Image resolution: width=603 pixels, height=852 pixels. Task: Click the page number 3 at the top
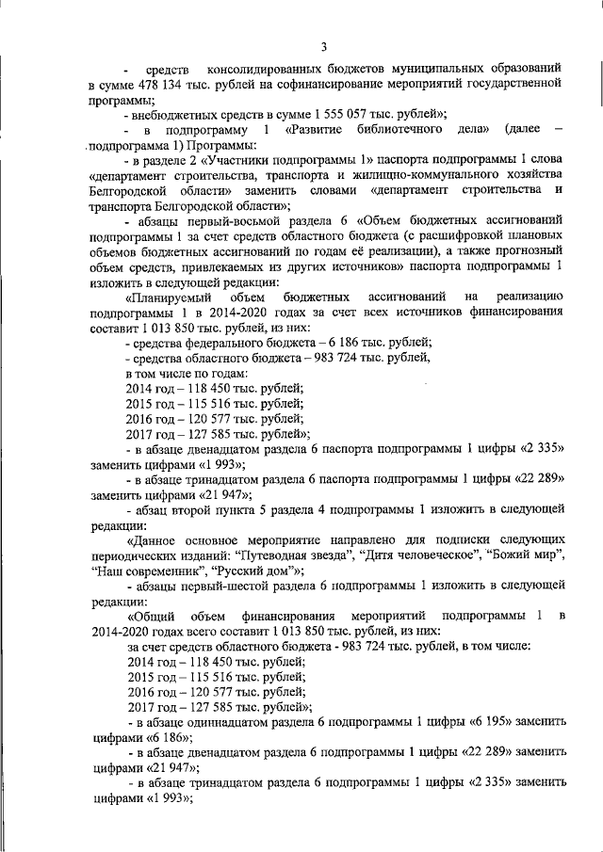(x=323, y=48)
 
